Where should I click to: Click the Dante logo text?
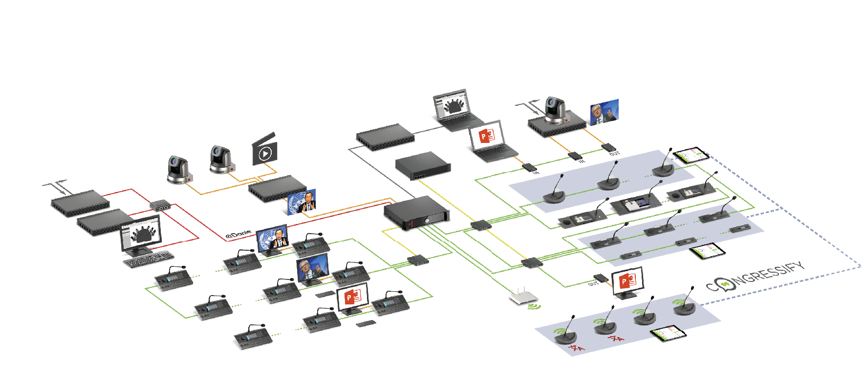click(x=238, y=235)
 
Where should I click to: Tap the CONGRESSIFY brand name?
click(x=755, y=276)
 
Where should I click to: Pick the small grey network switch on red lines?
click(x=160, y=204)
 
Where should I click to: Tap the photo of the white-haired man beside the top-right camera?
click(x=604, y=112)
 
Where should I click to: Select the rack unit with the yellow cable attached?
click(x=423, y=166)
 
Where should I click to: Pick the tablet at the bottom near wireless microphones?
click(x=668, y=334)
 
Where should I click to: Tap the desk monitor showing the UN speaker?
click(x=272, y=240)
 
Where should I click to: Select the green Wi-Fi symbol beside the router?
click(x=534, y=307)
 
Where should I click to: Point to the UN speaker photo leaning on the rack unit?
click(x=302, y=202)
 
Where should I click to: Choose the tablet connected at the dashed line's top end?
click(x=690, y=155)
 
